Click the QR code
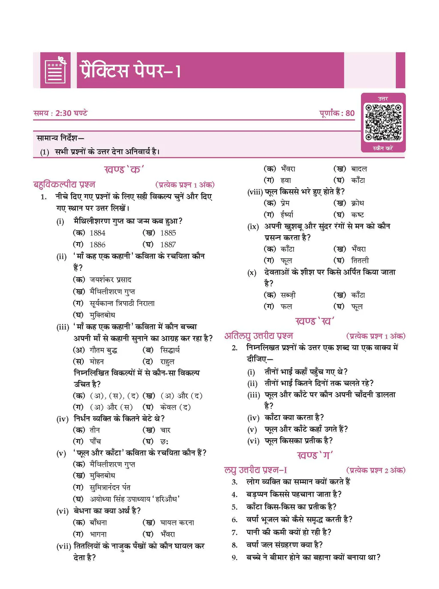coord(383,122)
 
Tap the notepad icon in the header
coord(56,71)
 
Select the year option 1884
coord(97,233)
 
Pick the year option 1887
coord(168,245)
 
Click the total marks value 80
coord(350,113)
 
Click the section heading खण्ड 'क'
coord(124,170)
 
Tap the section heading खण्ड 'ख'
coord(315,321)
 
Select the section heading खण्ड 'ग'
coord(315,455)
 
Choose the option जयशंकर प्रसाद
coord(110,280)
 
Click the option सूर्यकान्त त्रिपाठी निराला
coord(122,303)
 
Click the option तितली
coord(359,260)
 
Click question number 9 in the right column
coord(235,558)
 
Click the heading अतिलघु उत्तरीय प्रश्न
coord(259,336)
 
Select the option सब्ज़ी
coord(288,295)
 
